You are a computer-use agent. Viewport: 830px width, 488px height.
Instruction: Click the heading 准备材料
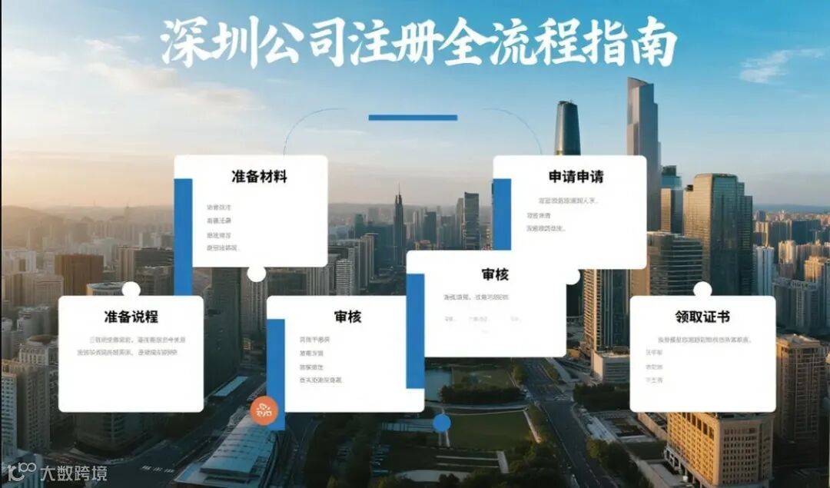click(259, 177)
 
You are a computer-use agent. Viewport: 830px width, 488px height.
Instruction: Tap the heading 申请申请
click(576, 177)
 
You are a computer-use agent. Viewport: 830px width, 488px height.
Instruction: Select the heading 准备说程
click(131, 316)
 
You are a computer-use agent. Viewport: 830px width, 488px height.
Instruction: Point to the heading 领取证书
click(702, 316)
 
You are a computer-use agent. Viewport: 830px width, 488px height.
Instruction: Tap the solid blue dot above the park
click(442, 423)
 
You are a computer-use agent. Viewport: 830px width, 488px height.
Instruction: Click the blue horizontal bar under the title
click(413, 118)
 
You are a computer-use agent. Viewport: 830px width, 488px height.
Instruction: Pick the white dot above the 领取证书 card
click(702, 290)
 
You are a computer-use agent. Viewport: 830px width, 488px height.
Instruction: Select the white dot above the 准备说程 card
click(131, 290)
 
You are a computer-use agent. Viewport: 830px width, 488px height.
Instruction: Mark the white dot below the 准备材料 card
click(257, 274)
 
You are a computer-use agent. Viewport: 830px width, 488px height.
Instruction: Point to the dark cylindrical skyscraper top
click(568, 127)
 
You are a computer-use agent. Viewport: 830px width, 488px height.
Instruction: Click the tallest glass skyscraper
click(643, 146)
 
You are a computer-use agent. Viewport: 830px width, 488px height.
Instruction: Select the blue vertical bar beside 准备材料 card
click(183, 234)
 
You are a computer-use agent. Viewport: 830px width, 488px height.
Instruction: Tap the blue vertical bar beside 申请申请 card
click(502, 204)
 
